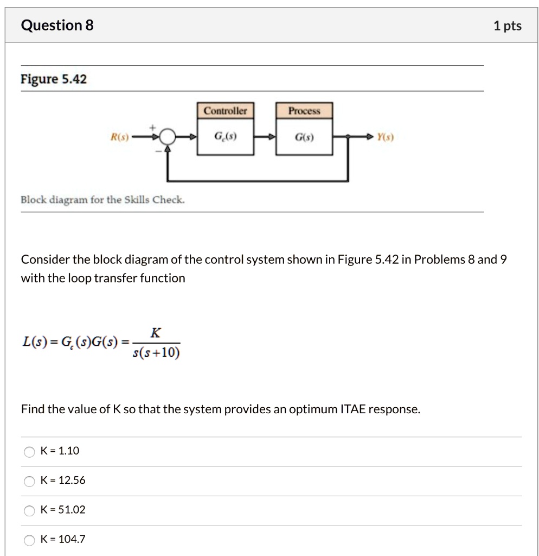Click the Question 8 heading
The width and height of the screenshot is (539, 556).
(x=57, y=26)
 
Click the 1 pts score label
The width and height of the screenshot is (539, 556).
(x=507, y=26)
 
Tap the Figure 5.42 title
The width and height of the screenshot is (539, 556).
(x=54, y=79)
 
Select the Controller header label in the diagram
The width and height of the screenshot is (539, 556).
(x=225, y=111)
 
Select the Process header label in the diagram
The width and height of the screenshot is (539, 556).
(x=304, y=111)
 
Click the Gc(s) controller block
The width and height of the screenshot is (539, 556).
(x=225, y=137)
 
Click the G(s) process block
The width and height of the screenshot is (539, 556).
(x=304, y=137)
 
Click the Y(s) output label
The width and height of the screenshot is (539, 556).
(x=386, y=137)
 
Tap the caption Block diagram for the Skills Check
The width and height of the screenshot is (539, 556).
(x=102, y=199)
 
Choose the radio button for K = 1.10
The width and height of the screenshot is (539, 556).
(x=28, y=451)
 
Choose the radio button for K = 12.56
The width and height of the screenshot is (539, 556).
(x=28, y=481)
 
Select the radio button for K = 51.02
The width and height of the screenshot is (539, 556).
(x=28, y=510)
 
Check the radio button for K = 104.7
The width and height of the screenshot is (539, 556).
(x=28, y=539)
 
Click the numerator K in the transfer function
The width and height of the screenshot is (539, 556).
(x=155, y=333)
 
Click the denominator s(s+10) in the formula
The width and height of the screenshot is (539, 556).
(x=156, y=353)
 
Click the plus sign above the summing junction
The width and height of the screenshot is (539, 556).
(x=153, y=127)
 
